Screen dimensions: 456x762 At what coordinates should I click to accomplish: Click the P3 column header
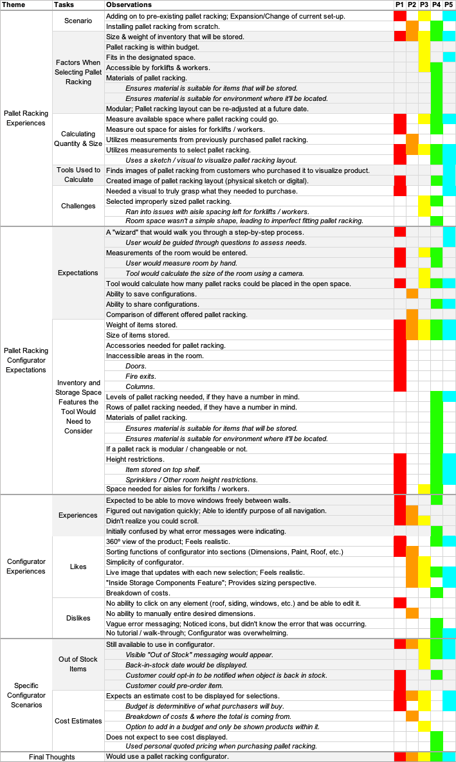tap(424, 5)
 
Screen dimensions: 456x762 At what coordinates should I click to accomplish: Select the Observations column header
tap(129, 5)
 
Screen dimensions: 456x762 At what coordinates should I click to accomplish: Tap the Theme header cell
tap(14, 5)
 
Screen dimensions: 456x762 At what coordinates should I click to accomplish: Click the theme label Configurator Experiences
tap(26, 566)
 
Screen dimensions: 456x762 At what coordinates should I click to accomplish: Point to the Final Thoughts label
tap(52, 757)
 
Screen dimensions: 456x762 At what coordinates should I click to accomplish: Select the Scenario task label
tap(78, 21)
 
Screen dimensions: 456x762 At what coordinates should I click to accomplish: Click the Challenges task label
tap(78, 206)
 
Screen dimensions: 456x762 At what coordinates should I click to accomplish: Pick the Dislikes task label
tap(78, 618)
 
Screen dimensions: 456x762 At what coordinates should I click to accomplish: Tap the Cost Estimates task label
tap(78, 721)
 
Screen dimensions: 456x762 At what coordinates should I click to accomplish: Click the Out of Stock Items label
tap(78, 664)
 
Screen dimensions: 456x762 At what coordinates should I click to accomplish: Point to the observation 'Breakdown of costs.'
tap(138, 593)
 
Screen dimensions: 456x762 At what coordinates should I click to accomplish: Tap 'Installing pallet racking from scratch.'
tap(163, 27)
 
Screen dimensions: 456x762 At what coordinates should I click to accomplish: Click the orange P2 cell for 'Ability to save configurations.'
tap(412, 293)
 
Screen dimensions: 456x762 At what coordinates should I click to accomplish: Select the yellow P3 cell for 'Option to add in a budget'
tap(424, 727)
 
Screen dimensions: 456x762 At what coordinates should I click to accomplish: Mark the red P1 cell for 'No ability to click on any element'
tap(399, 603)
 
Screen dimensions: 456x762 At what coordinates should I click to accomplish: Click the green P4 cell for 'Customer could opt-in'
tap(436, 675)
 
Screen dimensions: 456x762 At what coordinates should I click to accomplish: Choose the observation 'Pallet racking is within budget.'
tap(152, 47)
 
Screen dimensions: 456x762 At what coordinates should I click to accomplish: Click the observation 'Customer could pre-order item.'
tap(174, 685)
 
